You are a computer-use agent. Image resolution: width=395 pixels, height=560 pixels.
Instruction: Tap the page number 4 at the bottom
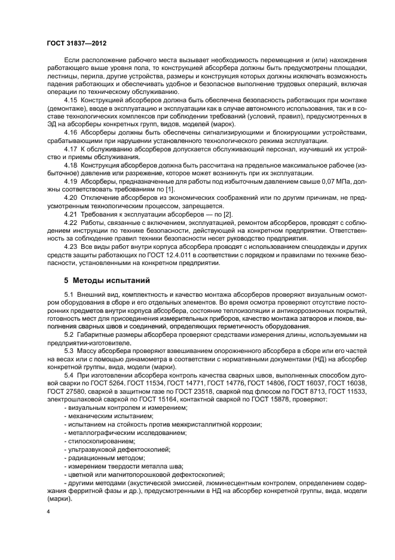(x=48, y=512)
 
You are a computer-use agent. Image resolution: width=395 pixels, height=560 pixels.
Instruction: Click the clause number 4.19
(x=71, y=180)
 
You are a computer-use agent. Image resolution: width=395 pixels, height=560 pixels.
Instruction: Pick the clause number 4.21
(x=71, y=214)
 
